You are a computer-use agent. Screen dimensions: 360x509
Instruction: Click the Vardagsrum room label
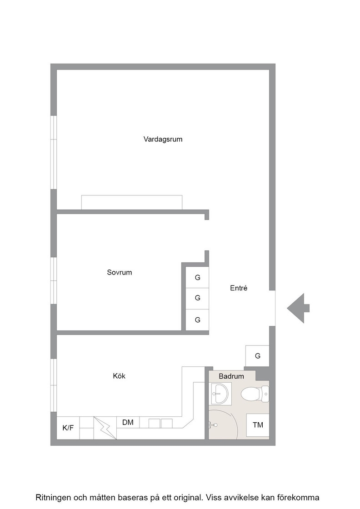tap(163, 139)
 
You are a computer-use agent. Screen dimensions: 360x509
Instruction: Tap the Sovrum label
tap(120, 272)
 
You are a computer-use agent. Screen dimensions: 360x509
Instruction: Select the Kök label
tap(119, 376)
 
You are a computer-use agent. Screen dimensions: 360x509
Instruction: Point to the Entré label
tap(239, 288)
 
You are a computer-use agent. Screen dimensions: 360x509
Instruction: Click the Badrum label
tap(231, 376)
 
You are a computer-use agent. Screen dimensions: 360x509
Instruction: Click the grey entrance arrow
tap(298, 308)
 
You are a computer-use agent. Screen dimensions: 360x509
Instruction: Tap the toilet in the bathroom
tap(255, 394)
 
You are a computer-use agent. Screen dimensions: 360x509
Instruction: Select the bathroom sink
tap(220, 394)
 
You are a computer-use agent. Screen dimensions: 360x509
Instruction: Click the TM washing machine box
tap(258, 425)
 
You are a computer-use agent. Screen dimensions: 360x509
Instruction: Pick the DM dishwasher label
tap(128, 422)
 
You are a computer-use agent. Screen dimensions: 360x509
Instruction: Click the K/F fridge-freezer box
tap(68, 428)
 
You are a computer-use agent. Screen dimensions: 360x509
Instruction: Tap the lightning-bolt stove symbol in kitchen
tap(105, 428)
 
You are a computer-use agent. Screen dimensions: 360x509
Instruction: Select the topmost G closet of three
tap(197, 278)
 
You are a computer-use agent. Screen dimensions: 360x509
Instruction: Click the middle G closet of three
tap(197, 298)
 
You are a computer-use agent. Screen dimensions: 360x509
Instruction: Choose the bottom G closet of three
tap(197, 320)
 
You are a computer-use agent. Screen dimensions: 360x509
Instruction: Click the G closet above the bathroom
tap(257, 356)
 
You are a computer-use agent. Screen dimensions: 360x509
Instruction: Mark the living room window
tap(54, 152)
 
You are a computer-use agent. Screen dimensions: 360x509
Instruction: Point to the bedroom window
tap(54, 281)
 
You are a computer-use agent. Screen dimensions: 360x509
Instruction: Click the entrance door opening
tap(272, 308)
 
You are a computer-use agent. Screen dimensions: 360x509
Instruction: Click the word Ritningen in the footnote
tap(53, 497)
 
